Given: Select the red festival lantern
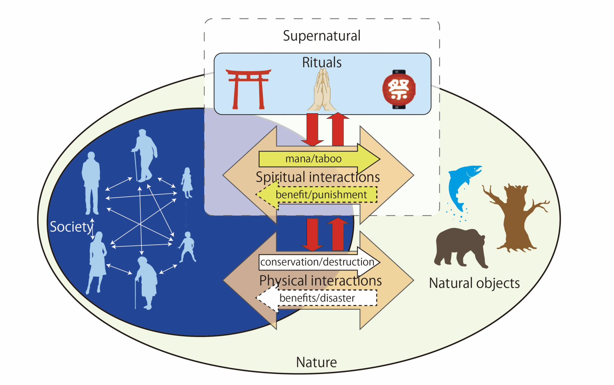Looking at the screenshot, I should (x=399, y=90).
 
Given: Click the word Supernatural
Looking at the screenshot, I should (x=322, y=36).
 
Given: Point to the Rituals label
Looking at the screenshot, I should (x=322, y=63).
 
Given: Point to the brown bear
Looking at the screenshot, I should (x=461, y=248).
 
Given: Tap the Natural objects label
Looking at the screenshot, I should (x=474, y=283).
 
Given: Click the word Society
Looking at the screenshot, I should (x=71, y=227).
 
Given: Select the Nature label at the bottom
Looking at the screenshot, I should (x=316, y=362).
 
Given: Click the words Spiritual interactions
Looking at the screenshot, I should (x=318, y=177).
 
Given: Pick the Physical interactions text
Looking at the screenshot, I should (x=321, y=281).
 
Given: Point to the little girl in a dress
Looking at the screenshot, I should (x=187, y=183).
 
